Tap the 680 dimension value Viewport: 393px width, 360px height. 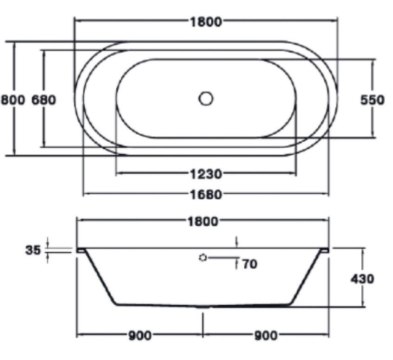pyautogui.click(x=44, y=99)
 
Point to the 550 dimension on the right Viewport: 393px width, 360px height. pyautogui.click(x=373, y=99)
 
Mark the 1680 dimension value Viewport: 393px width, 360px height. pyautogui.click(x=206, y=194)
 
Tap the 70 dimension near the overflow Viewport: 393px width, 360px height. pyautogui.click(x=249, y=264)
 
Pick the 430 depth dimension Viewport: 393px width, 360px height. pyautogui.click(x=362, y=278)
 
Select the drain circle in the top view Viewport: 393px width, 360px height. pyautogui.click(x=206, y=98)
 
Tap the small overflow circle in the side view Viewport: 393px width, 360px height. pyautogui.click(x=203, y=257)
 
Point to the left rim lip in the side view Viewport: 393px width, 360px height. pyautogui.click(x=81, y=250)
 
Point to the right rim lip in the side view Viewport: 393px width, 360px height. pyautogui.click(x=324, y=250)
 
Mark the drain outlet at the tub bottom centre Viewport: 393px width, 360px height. pyautogui.click(x=203, y=307)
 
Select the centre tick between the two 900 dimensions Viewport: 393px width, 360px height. pyautogui.click(x=203, y=325)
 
